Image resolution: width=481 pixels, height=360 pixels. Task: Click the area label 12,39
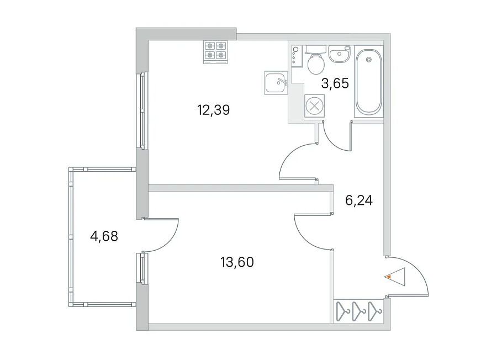coord(214,110)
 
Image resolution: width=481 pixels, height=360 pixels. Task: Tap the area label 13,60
coord(237,262)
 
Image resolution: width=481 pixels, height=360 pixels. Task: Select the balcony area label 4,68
coord(104,236)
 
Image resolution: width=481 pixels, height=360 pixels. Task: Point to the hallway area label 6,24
coord(359,200)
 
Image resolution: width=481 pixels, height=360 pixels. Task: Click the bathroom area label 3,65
coord(335,83)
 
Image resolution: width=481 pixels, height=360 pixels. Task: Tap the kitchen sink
coord(276,83)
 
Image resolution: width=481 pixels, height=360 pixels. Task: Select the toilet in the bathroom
coord(316,60)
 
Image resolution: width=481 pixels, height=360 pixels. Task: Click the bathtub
coord(369,81)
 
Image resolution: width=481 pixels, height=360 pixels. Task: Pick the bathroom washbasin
coord(339,54)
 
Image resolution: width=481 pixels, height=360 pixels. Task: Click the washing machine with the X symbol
coord(314,107)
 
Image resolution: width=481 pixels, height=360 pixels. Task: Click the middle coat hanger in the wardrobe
coord(358,311)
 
